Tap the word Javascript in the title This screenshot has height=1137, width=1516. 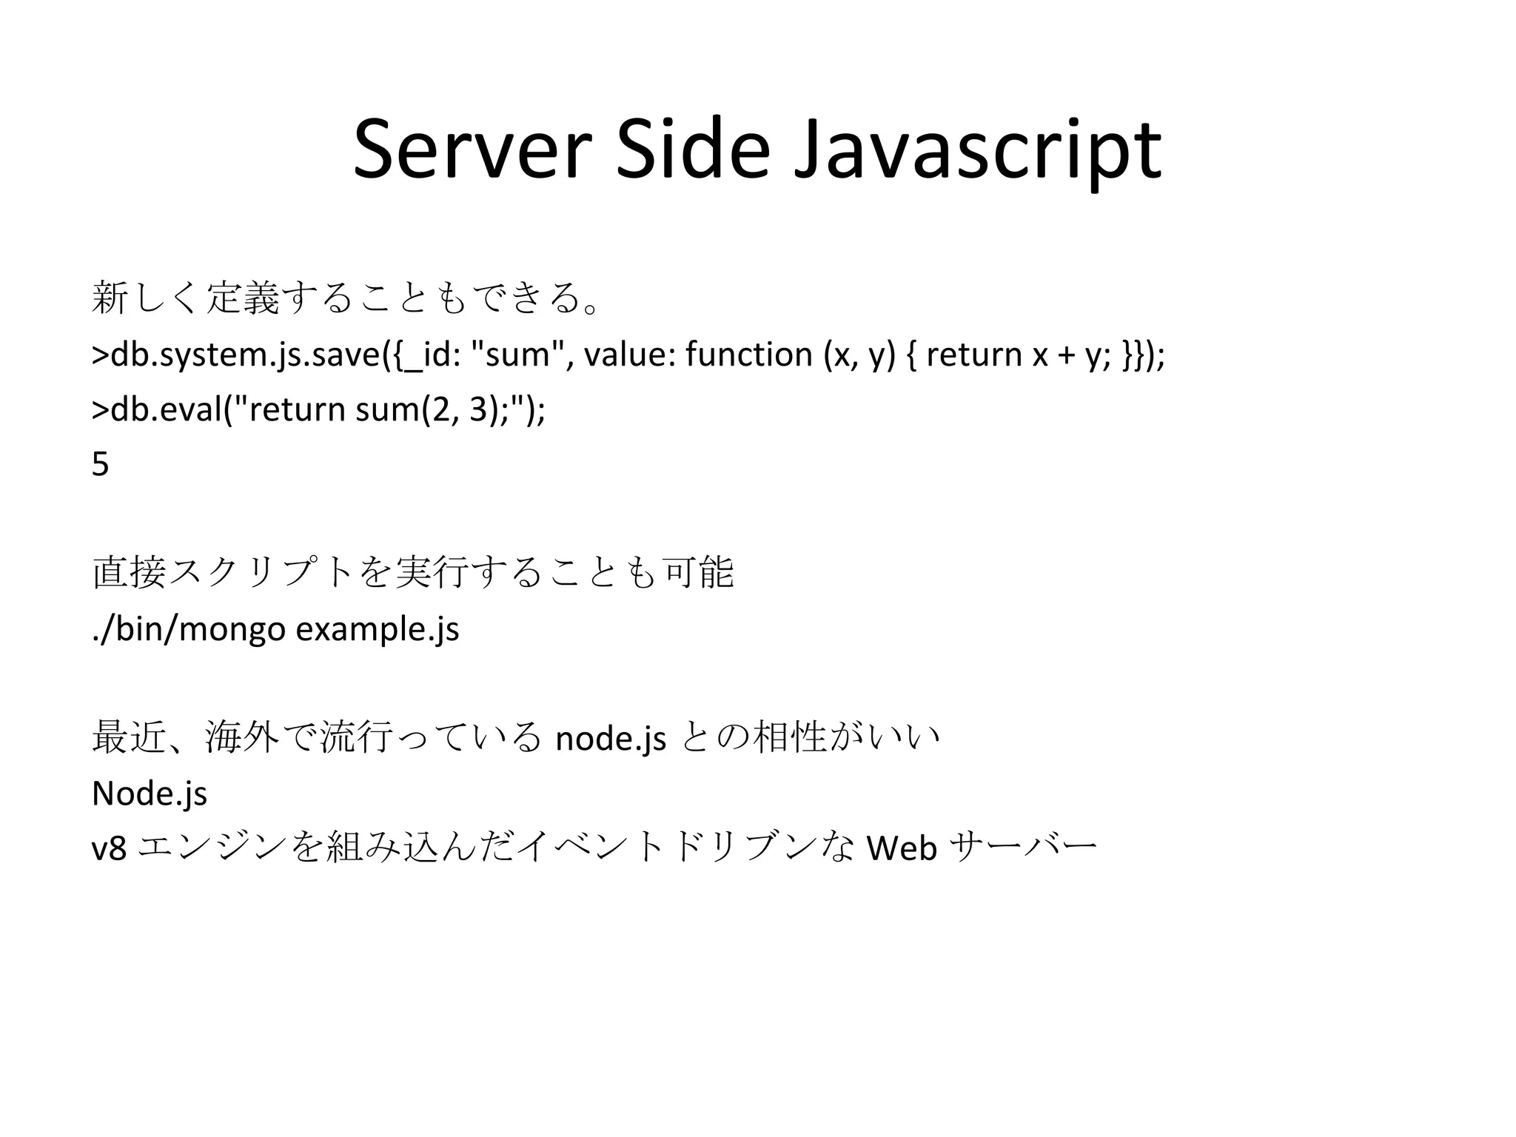(x=977, y=152)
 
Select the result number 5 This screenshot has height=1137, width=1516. (x=101, y=464)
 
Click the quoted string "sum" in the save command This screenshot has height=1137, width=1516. (x=522, y=354)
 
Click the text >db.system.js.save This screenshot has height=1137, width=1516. (x=237, y=355)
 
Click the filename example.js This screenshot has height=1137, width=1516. (x=378, y=630)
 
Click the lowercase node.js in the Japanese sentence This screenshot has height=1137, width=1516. (x=611, y=739)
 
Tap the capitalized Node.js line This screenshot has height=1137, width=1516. (x=150, y=794)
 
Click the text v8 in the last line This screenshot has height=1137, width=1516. (x=109, y=848)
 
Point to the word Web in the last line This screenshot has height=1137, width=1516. (x=902, y=848)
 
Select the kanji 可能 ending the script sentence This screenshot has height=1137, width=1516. (x=700, y=573)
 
